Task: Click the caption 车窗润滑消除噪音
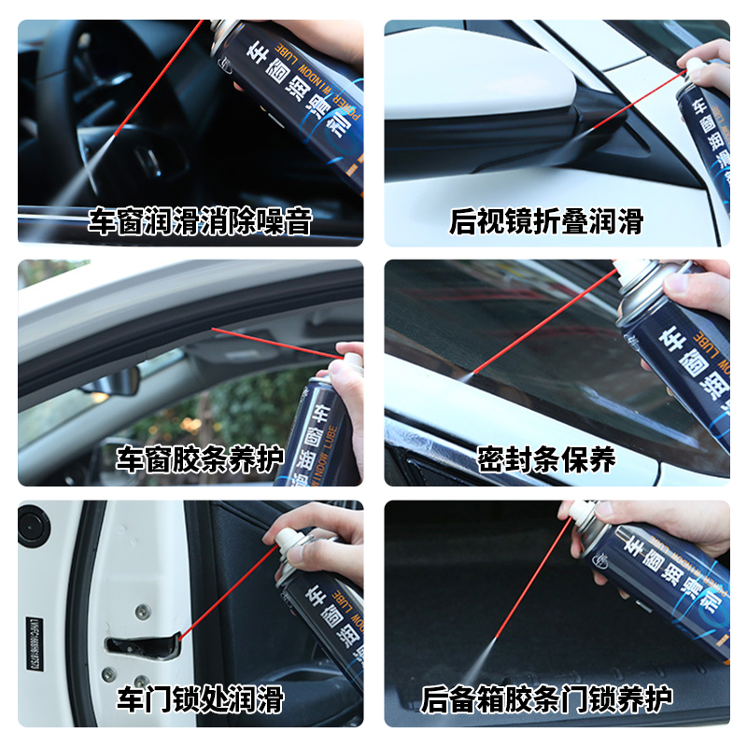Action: point(199,222)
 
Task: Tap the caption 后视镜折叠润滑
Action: point(546,222)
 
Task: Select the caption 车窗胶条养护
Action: point(199,460)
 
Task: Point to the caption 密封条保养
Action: point(546,460)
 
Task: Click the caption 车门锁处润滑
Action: point(199,698)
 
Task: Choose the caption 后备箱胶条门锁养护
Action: point(546,698)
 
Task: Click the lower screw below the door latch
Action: point(141,683)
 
